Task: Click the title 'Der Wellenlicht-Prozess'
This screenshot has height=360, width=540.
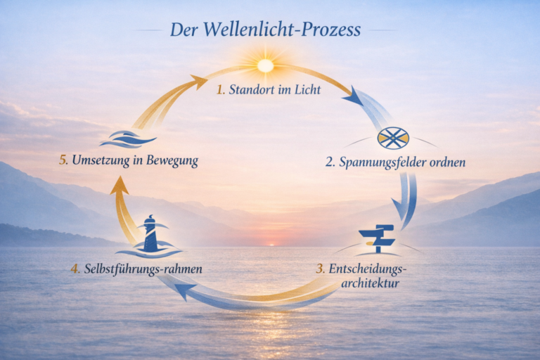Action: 265,30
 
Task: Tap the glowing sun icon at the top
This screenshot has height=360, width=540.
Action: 265,65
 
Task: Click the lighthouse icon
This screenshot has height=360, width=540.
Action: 150,235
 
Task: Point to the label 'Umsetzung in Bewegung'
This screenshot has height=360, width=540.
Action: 134,161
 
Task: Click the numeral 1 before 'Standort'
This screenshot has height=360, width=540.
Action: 220,89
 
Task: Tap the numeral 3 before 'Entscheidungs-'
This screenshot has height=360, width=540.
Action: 320,268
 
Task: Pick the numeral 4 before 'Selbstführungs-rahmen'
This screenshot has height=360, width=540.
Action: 75,268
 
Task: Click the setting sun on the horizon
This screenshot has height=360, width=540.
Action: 271,244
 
